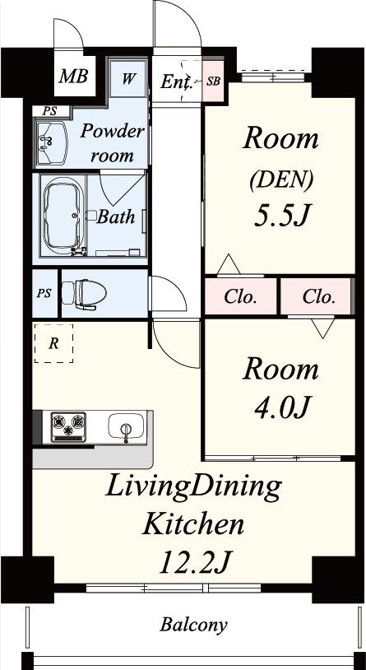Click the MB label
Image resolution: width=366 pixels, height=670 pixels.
click(73, 76)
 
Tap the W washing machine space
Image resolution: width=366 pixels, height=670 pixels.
click(128, 79)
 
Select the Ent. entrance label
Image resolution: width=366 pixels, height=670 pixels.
click(175, 81)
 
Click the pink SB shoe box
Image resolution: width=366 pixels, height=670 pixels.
click(213, 81)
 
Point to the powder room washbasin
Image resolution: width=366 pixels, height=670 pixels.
click(51, 142)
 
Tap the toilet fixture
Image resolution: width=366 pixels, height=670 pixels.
click(84, 294)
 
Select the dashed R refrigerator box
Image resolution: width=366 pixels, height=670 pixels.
click(53, 343)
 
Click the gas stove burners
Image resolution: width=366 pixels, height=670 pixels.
click(68, 426)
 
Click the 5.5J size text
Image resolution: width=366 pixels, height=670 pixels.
click(280, 216)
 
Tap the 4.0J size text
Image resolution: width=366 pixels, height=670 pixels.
click(280, 408)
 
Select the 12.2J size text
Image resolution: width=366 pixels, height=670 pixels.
click(195, 562)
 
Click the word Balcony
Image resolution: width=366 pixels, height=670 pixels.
click(193, 625)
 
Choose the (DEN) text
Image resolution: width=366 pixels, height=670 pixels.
click(280, 180)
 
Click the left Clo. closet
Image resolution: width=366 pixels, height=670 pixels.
click(240, 296)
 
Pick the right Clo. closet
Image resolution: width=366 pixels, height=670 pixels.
click(316, 296)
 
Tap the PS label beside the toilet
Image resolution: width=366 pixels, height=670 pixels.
click(44, 293)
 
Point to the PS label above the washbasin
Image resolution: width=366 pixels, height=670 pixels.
click(49, 111)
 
